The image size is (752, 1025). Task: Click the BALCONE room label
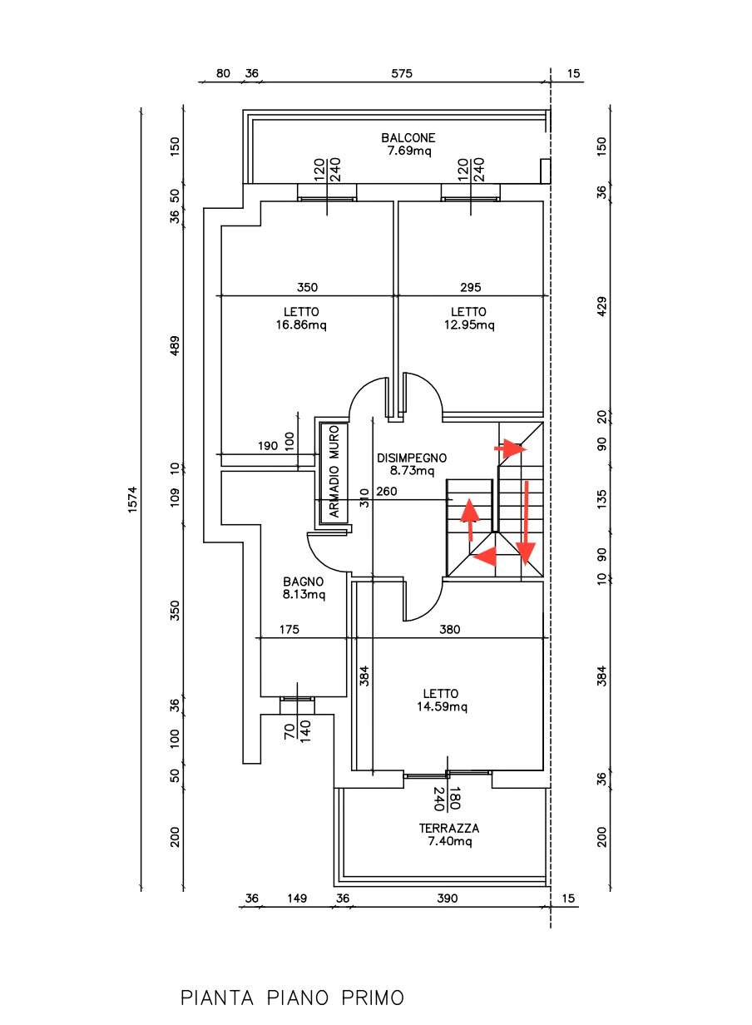point(408,137)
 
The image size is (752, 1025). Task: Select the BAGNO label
point(304,582)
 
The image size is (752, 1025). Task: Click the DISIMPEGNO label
point(412,458)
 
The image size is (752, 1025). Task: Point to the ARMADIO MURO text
point(334,471)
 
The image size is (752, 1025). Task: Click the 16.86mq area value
point(301,324)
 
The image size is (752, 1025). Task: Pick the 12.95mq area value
point(469,324)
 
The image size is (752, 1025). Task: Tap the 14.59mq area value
point(442,707)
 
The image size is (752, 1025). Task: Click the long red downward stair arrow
point(526,523)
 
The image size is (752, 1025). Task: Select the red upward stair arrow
point(470,519)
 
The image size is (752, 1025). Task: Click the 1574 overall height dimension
point(132,500)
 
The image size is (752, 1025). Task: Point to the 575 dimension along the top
point(402,73)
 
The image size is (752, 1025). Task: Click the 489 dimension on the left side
point(175,347)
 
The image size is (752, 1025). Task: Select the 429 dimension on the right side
point(602,306)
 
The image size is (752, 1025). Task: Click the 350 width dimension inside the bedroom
point(308,287)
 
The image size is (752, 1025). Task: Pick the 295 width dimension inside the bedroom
point(471,287)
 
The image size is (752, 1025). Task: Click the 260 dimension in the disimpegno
point(387,492)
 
